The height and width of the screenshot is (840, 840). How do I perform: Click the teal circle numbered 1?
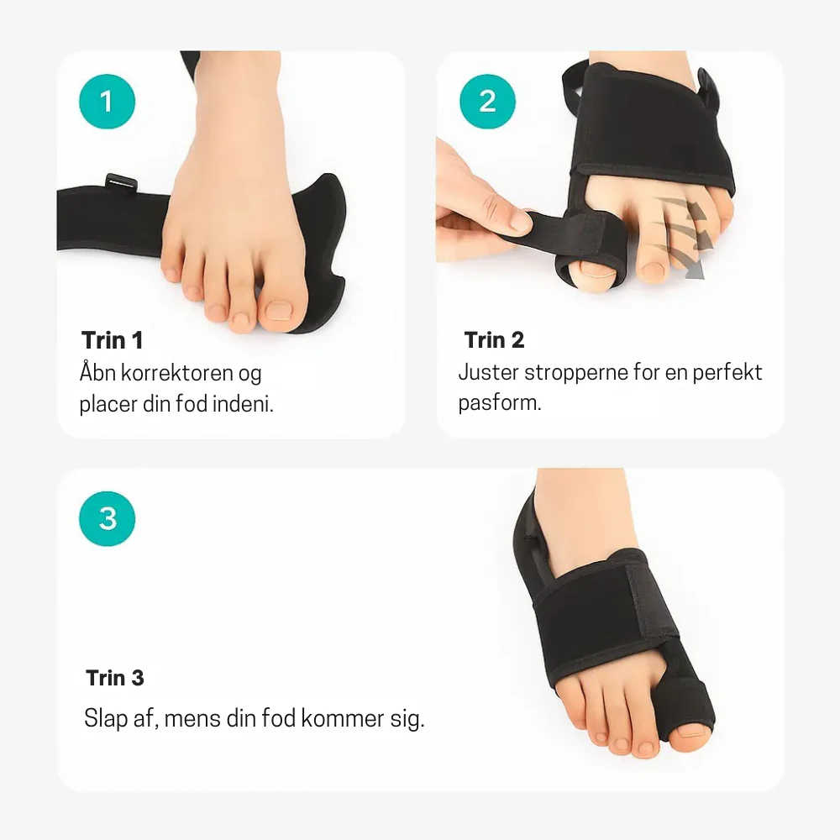coord(108,102)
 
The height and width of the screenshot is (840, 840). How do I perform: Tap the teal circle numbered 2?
coord(487,102)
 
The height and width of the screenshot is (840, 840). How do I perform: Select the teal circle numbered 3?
coord(108,518)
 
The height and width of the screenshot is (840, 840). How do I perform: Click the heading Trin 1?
coord(113,340)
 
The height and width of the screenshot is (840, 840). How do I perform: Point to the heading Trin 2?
coord(494,339)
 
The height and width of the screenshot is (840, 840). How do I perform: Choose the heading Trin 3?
coord(115,678)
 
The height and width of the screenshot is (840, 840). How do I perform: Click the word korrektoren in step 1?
coord(178,372)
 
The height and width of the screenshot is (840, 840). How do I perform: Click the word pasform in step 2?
coord(499,403)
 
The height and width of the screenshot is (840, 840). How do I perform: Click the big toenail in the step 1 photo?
coord(280,310)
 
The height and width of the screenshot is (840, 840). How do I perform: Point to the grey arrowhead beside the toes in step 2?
coord(695,270)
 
